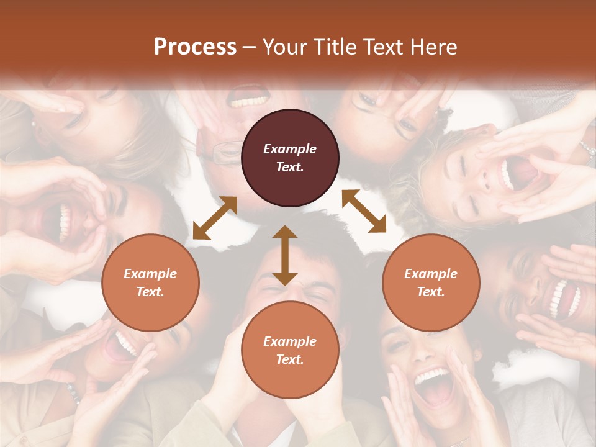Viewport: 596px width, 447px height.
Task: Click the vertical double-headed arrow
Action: coord(285,255)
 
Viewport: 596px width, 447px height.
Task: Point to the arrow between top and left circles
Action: coord(215,218)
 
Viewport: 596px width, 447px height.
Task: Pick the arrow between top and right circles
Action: coord(364,211)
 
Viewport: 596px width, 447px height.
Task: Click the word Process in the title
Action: coord(195,47)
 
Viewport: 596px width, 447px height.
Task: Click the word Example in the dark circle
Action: coord(290,149)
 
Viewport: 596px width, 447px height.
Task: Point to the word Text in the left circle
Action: coord(150,292)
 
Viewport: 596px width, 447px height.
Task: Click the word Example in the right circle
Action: coord(431,274)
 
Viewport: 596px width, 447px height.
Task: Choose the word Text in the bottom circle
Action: coord(290,359)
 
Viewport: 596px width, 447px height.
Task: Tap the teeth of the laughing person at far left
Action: coord(63,223)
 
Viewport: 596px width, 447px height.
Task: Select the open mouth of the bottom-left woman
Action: coord(119,348)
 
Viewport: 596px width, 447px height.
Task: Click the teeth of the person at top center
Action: coord(248,100)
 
